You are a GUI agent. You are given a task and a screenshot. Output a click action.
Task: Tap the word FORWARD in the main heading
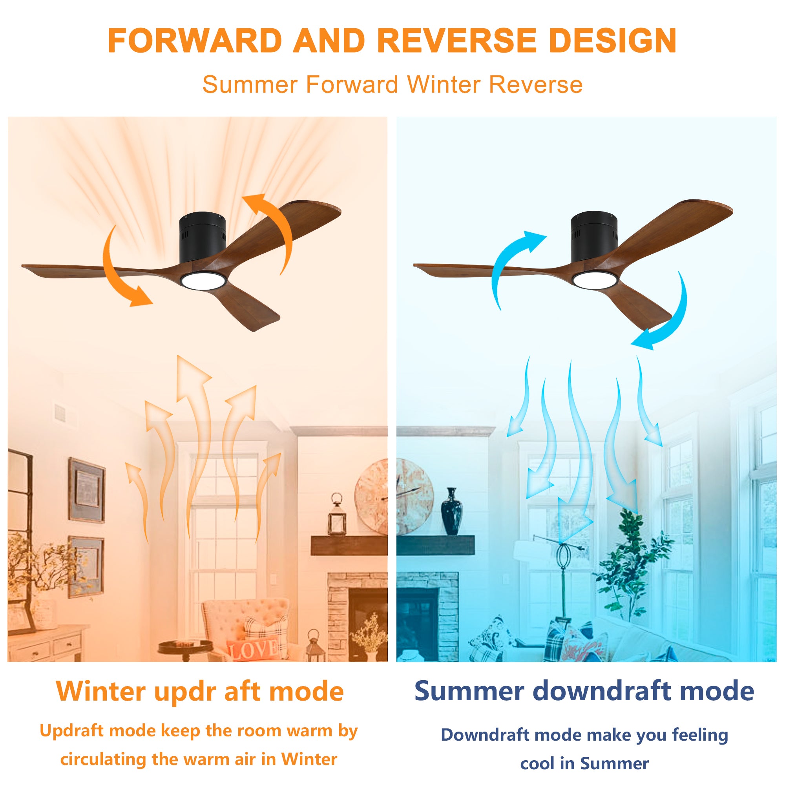tap(195, 41)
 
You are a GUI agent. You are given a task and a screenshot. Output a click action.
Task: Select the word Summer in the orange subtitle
tap(250, 84)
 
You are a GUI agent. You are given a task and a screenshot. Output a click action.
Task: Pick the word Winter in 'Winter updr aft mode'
tap(101, 692)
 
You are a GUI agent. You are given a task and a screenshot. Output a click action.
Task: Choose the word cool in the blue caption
tap(537, 763)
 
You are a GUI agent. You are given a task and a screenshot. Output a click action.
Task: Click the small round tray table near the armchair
tap(185, 646)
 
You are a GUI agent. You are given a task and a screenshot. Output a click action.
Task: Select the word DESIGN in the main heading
tap(613, 41)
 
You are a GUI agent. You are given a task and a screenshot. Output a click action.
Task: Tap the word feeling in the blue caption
tap(700, 736)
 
